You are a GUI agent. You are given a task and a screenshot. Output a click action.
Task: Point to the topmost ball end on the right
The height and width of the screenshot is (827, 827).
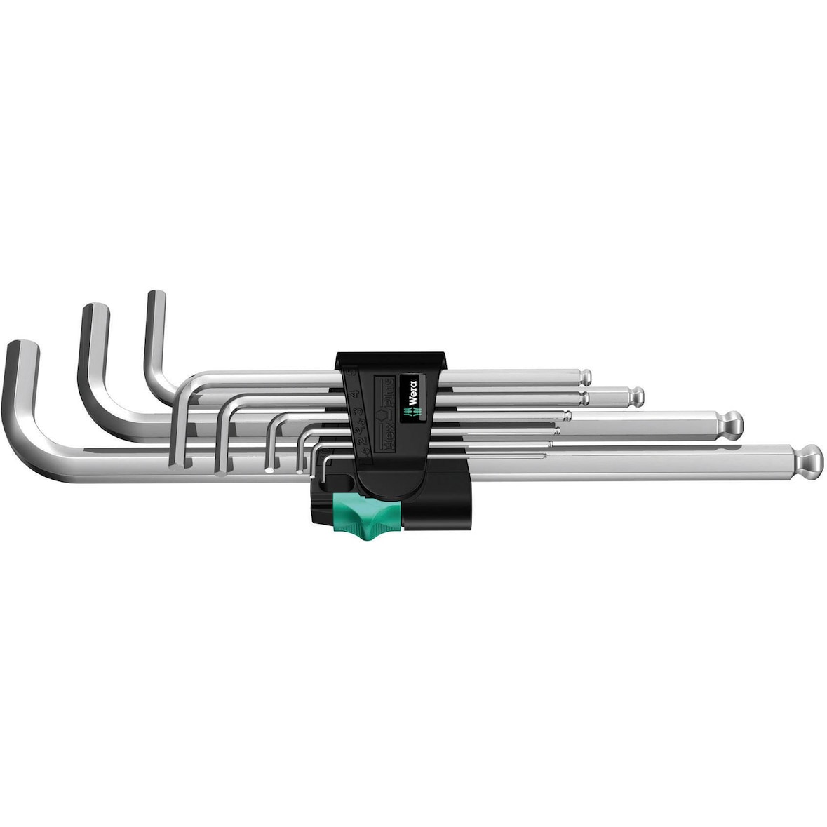tap(583, 377)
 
